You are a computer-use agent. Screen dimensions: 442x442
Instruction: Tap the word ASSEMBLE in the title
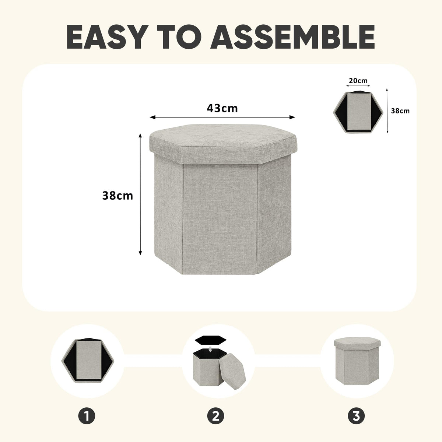tap(293, 37)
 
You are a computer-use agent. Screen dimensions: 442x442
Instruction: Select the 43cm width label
tap(222, 108)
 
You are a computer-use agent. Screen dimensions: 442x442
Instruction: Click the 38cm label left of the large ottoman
tap(117, 196)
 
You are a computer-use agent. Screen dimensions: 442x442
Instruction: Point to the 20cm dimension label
tap(358, 81)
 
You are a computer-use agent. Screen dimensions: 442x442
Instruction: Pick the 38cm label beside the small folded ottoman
tap(400, 111)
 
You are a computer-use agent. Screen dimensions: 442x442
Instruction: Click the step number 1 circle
tap(87, 415)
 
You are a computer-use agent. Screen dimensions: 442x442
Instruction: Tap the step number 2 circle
tap(215, 415)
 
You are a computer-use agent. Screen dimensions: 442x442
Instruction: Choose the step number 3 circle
tap(356, 415)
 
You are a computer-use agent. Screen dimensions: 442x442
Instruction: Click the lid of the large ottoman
tap(223, 143)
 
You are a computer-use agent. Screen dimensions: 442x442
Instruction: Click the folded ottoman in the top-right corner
tap(358, 112)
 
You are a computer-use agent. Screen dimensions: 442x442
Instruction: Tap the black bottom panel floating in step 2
tap(210, 340)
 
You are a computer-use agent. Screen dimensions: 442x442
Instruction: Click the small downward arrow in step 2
tap(210, 349)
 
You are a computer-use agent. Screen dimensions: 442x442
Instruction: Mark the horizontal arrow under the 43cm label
tap(222, 117)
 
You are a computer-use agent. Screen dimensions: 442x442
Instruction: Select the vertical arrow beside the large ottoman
tap(140, 194)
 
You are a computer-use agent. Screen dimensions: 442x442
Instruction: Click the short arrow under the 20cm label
tap(358, 86)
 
